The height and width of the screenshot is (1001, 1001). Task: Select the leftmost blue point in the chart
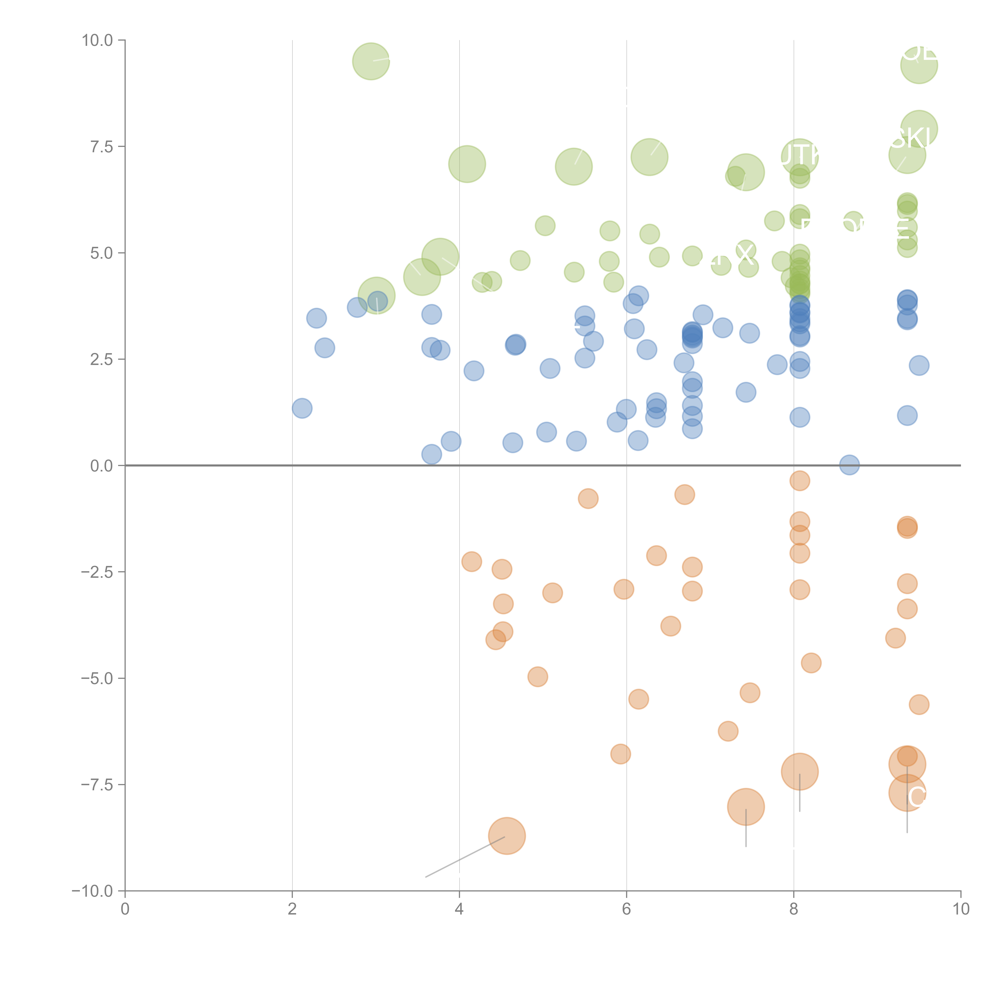pyautogui.click(x=302, y=408)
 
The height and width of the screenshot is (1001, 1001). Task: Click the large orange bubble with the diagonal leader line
pyautogui.click(x=507, y=836)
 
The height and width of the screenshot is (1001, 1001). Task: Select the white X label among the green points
pyautogui.click(x=745, y=255)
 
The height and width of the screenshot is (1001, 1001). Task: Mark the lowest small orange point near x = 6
pyautogui.click(x=620, y=754)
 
